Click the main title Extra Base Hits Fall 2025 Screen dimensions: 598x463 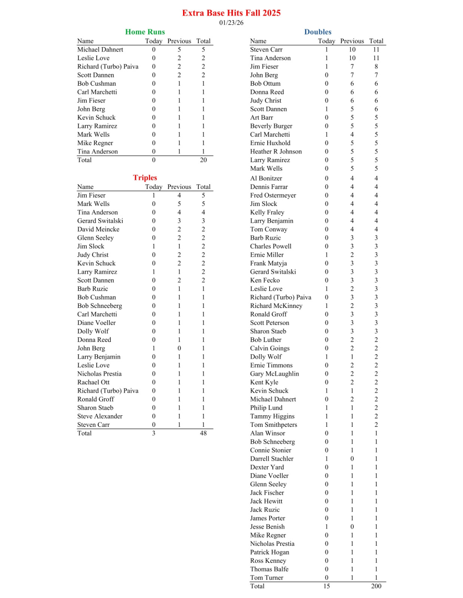tap(231, 13)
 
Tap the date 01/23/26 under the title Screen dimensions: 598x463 tap(231, 23)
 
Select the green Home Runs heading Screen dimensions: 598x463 tap(145, 32)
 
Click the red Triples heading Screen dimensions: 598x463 tap(145, 178)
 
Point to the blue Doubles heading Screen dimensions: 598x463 tap(318, 32)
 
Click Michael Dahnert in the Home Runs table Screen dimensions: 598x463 tap(100, 50)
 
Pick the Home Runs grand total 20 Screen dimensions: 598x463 tap(203, 160)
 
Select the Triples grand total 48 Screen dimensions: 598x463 tap(203, 433)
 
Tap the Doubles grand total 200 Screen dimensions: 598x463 tap(376, 586)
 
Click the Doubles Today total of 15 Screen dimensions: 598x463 tap(326, 586)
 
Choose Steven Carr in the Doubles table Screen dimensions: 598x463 tap(266, 50)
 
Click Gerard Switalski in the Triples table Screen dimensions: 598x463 tap(100, 221)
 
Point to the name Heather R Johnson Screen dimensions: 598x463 tap(276, 152)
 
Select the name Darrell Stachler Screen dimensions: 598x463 tap(272, 459)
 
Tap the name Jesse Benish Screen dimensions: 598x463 tap(267, 527)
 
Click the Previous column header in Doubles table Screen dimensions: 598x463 tap(352, 41)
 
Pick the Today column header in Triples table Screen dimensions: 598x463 tap(153, 187)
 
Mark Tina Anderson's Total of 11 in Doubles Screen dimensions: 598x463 tap(376, 58)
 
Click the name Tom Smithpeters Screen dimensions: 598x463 tap(274, 425)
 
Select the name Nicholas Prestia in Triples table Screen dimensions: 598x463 tap(99, 374)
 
